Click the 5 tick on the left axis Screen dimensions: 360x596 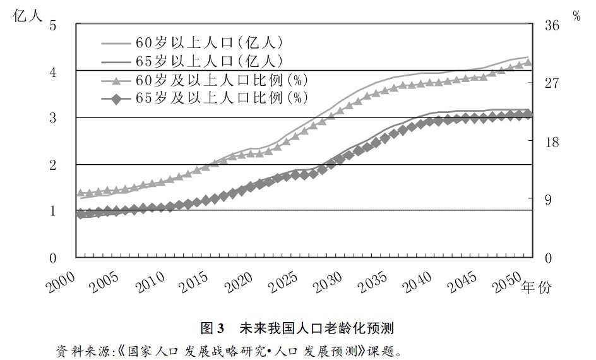pos(53,26)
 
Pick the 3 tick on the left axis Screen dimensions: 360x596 pos(53,118)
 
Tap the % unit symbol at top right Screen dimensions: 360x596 pos(576,16)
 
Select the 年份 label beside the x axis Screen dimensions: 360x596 pos(537,287)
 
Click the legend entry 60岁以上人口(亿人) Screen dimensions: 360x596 pos(208,43)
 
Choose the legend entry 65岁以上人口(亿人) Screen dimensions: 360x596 pos(208,61)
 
